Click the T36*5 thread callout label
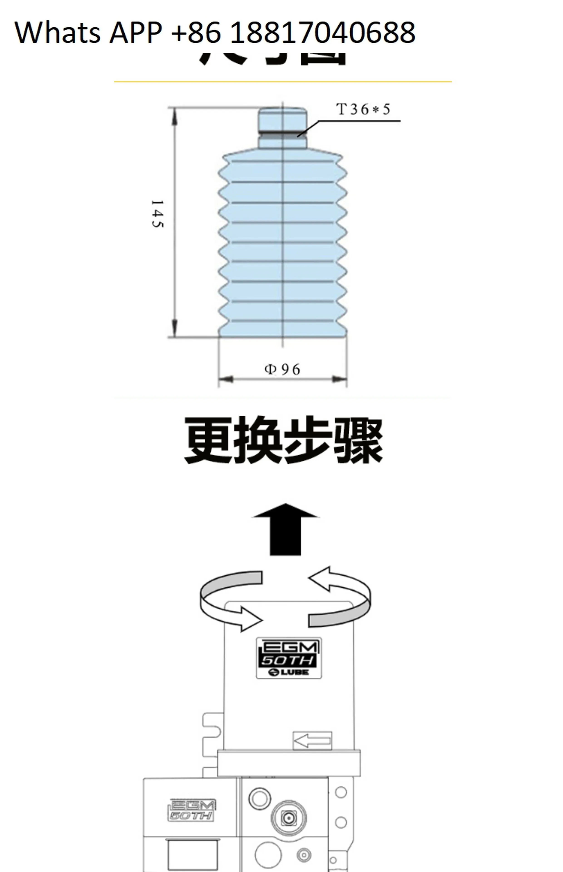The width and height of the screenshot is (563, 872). pos(363,109)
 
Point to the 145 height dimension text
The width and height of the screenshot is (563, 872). pos(157,214)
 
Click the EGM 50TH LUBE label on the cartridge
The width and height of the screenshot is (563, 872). pos(289,658)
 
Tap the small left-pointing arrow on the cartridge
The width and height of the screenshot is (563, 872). pos(312,741)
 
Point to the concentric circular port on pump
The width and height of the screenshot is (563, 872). pos(289,818)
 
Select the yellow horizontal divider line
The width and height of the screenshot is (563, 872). pos(283,82)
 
